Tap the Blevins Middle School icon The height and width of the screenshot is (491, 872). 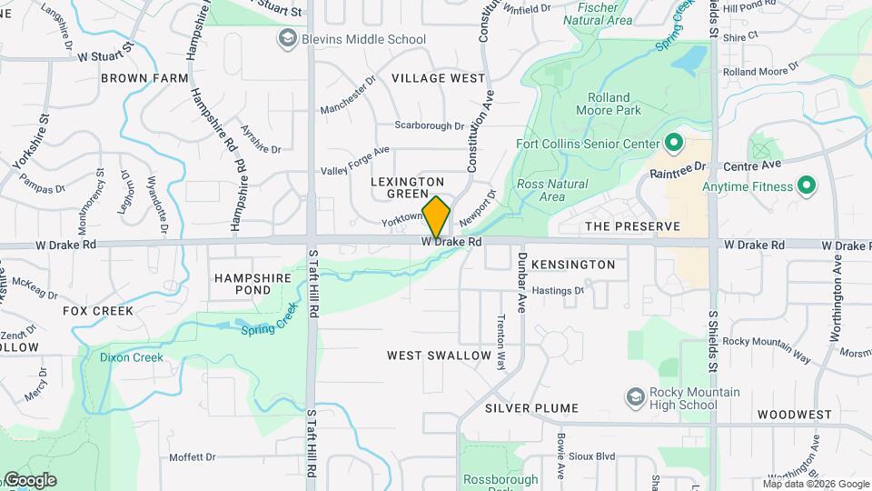tap(288, 39)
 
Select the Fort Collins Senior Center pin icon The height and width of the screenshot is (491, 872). tap(674, 144)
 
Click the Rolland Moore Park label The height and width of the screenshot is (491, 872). tap(614, 104)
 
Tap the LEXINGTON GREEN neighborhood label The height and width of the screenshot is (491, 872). tap(408, 187)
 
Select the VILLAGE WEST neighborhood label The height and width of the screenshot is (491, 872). tap(439, 78)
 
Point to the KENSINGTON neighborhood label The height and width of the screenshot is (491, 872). tap(573, 265)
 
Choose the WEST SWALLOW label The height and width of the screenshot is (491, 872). tap(439, 355)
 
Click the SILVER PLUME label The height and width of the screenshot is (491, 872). tap(531, 408)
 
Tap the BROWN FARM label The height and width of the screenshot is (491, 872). tap(144, 78)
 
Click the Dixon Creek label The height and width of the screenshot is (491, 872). tap(132, 357)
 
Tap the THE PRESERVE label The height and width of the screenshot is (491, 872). tap(632, 226)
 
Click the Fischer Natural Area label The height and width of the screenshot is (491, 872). tap(598, 14)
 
